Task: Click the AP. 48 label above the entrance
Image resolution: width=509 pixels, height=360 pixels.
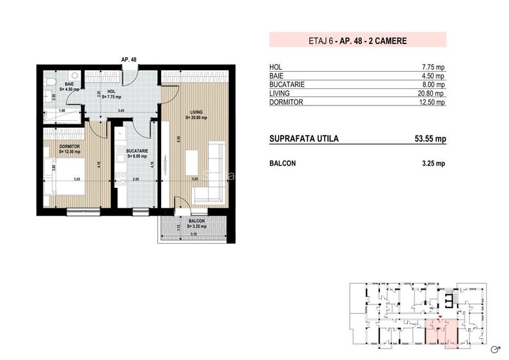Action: pos(129,59)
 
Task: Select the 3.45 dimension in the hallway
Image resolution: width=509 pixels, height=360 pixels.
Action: pos(120,111)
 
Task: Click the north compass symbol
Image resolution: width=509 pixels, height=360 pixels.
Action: pos(494,349)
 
